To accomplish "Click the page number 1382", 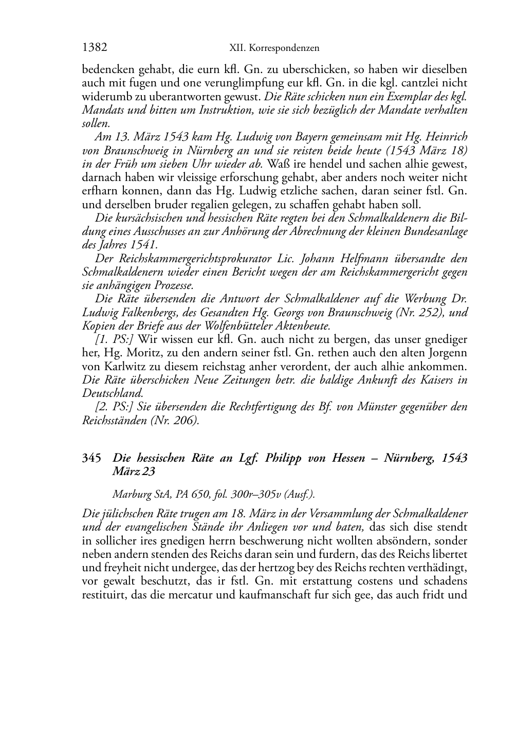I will (x=95, y=48).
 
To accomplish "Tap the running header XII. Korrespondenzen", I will (x=274, y=48).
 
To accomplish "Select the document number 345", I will (x=91, y=458).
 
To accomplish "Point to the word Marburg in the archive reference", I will (x=130, y=495).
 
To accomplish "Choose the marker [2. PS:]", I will (x=115, y=407).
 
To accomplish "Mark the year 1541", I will (x=143, y=244).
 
